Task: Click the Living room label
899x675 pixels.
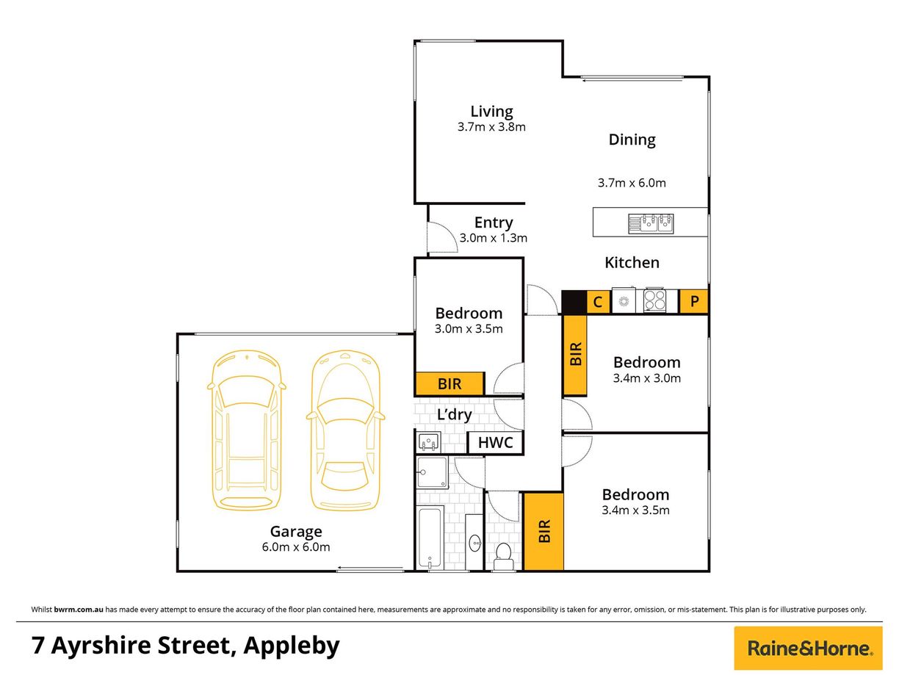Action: point(491,112)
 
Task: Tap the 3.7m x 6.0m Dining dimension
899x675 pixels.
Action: point(632,183)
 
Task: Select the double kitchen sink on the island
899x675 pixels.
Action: point(651,223)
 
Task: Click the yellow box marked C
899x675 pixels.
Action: point(598,302)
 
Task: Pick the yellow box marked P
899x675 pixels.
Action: point(694,302)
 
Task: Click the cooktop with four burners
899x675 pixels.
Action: point(655,301)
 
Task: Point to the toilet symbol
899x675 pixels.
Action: point(504,556)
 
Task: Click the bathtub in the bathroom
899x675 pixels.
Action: point(430,540)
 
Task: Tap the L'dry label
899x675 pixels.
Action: point(454,415)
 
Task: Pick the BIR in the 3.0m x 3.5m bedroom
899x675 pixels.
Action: point(450,383)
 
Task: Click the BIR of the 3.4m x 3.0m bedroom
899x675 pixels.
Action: point(576,353)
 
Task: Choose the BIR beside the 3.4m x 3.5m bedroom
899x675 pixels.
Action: point(544,532)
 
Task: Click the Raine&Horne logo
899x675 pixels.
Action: point(809,648)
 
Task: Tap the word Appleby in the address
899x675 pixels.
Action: point(292,646)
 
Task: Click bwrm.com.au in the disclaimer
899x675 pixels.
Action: point(79,610)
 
